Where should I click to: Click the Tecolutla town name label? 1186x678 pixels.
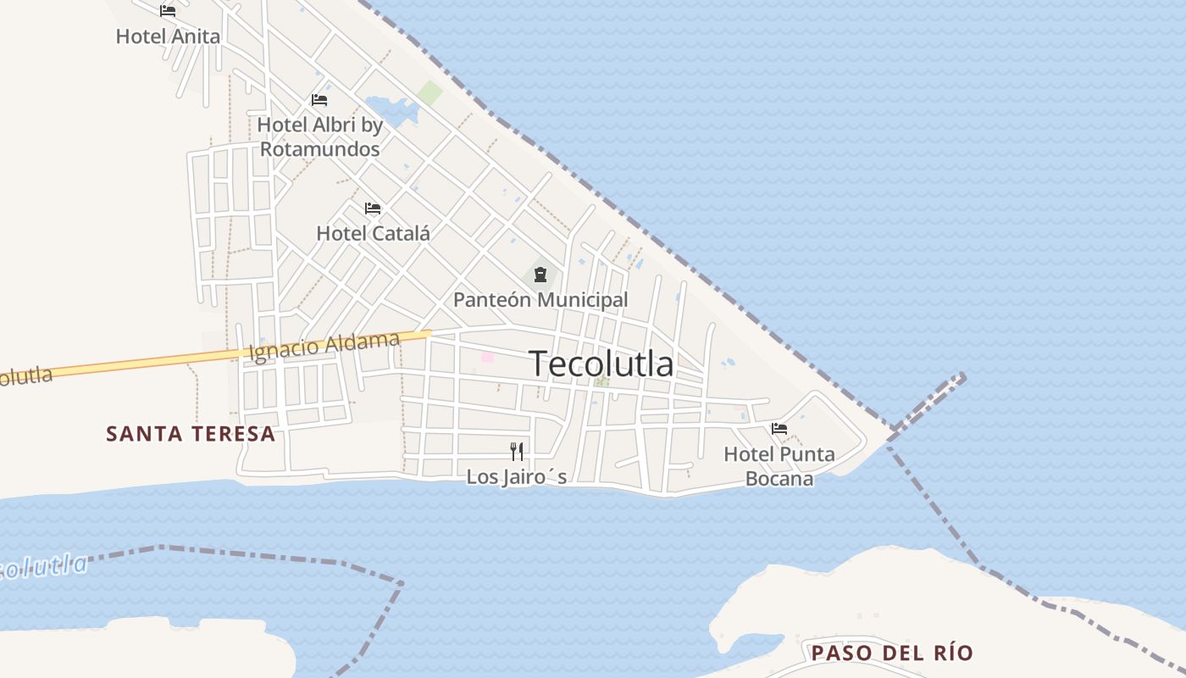601,364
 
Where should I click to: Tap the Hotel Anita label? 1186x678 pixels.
168,36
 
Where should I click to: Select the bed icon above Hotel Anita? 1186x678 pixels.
168,11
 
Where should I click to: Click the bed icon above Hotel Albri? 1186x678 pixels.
319,100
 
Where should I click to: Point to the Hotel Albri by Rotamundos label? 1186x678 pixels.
319,136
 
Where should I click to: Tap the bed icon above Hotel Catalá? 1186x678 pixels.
373,208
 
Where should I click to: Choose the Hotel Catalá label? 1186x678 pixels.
373,233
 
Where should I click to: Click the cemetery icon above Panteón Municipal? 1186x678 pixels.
540,275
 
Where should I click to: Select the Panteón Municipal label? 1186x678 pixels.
540,299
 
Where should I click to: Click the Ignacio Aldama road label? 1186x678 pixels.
324,346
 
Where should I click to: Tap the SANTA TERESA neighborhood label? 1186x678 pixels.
191,434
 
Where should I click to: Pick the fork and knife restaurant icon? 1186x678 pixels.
517,452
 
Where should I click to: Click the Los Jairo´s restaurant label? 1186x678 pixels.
517,477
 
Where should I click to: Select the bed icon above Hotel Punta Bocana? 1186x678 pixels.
779,429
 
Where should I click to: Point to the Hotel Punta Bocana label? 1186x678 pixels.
779,466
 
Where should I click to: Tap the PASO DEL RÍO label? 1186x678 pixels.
892,653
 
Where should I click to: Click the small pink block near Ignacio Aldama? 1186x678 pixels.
487,358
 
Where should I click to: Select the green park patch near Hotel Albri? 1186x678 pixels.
430,93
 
